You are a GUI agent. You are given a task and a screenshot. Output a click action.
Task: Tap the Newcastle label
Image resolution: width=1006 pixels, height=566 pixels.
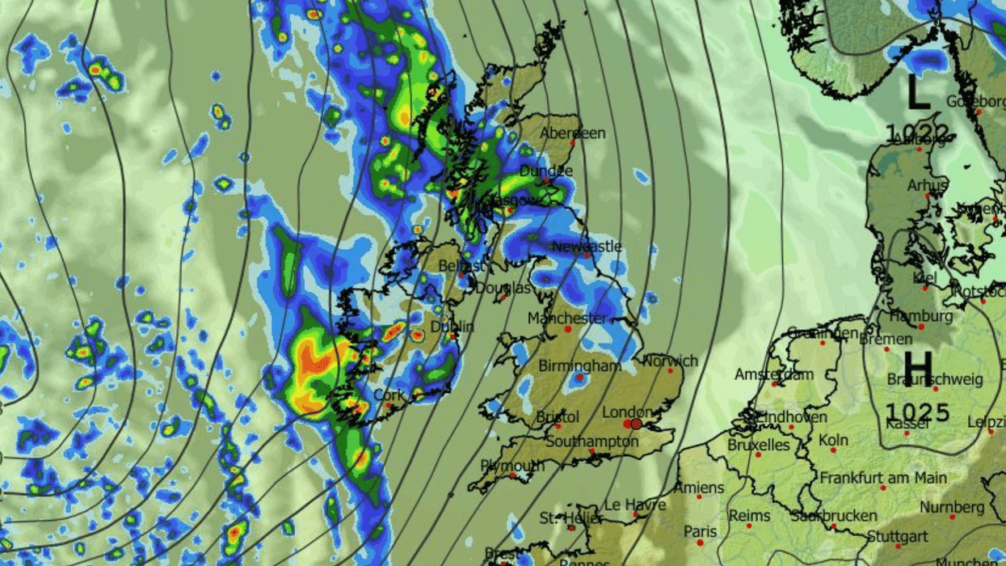pyautogui.click(x=587, y=246)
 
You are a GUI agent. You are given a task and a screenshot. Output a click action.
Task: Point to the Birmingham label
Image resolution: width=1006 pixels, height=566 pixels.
pyautogui.click(x=579, y=365)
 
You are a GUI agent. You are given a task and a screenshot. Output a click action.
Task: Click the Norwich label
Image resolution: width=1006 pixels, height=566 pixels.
pyautogui.click(x=671, y=361)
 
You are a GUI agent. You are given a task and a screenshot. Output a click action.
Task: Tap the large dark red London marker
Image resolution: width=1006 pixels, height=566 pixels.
pyautogui.click(x=636, y=424)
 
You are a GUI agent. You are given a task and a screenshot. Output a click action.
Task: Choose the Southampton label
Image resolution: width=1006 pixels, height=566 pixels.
pyautogui.click(x=591, y=441)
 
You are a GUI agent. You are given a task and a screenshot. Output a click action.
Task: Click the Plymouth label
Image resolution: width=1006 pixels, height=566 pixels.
pyautogui.click(x=512, y=466)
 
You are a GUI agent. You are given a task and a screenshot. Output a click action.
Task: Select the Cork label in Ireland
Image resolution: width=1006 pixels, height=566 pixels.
pyautogui.click(x=389, y=395)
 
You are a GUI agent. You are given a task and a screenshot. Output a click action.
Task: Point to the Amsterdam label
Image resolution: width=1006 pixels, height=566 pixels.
pyautogui.click(x=773, y=375)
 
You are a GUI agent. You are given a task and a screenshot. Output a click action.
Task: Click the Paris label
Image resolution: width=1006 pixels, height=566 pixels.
pyautogui.click(x=701, y=531)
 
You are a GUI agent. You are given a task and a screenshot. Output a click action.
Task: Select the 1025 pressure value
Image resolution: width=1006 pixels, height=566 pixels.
pyautogui.click(x=917, y=413)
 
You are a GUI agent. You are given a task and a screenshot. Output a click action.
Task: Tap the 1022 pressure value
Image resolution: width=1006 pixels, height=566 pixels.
pyautogui.click(x=916, y=133)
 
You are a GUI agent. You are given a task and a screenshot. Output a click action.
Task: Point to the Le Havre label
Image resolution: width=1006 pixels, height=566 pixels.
pyautogui.click(x=635, y=505)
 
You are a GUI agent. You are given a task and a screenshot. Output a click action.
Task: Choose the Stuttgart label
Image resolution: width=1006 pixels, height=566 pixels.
pyautogui.click(x=897, y=536)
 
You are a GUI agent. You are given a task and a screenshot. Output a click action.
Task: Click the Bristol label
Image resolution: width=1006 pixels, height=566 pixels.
pyautogui.click(x=558, y=417)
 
